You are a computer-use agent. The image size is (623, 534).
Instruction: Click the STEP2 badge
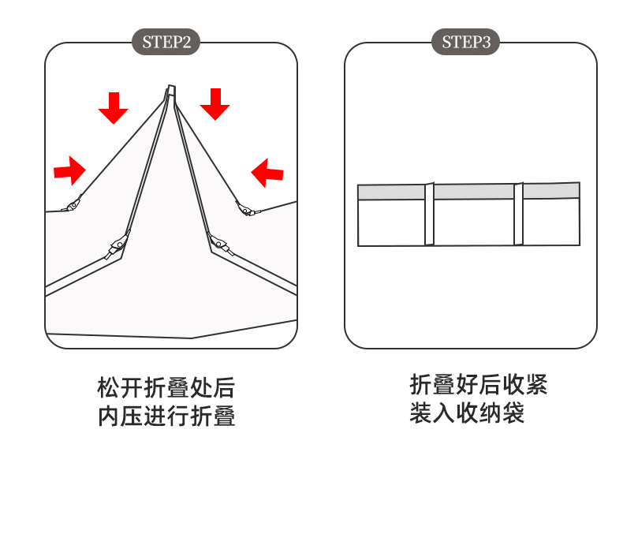pos(166,42)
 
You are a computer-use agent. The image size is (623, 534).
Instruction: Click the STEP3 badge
pos(465,42)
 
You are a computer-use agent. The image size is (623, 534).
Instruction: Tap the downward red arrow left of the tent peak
pos(114,108)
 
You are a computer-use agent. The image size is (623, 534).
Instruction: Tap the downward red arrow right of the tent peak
pos(215,104)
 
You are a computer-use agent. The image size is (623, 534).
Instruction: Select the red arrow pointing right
pos(69,171)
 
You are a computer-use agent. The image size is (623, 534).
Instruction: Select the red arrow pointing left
pos(267,173)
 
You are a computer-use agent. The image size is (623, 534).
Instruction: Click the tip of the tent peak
pos(171,86)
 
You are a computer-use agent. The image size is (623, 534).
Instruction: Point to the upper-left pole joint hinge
pos(72,205)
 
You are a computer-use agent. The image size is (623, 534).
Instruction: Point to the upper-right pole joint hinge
pos(245,209)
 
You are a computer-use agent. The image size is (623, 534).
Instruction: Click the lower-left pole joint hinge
pos(117,246)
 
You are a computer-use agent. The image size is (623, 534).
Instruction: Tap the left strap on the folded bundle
pos(430,215)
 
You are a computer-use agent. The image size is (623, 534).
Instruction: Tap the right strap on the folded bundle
pos(518,214)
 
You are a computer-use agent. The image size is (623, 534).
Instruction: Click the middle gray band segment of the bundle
pos(474,192)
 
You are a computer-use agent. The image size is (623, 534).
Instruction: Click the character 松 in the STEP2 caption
pos(109,388)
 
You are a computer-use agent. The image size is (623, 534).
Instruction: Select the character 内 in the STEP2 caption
pos(109,416)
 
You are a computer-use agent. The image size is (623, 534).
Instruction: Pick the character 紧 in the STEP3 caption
pos(536,385)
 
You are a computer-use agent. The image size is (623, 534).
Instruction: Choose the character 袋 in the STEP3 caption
pos(513,413)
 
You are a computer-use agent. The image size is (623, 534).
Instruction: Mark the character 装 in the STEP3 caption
pos(421,413)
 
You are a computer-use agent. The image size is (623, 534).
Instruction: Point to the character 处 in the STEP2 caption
pos(200,388)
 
